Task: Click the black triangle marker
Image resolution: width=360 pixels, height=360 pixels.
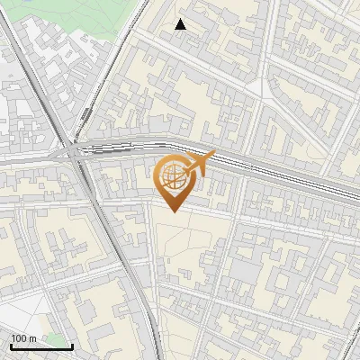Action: tap(181, 24)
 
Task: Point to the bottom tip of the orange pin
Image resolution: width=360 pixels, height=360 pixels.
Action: tap(173, 212)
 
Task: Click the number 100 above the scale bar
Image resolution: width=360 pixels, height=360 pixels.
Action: tap(19, 338)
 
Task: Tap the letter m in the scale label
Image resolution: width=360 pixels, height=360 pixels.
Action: tap(32, 338)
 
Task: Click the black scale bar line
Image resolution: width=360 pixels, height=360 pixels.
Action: tap(40, 346)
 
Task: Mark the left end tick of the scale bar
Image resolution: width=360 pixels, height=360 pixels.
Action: tap(9, 346)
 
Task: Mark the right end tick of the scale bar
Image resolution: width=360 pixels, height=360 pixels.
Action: tap(72, 346)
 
